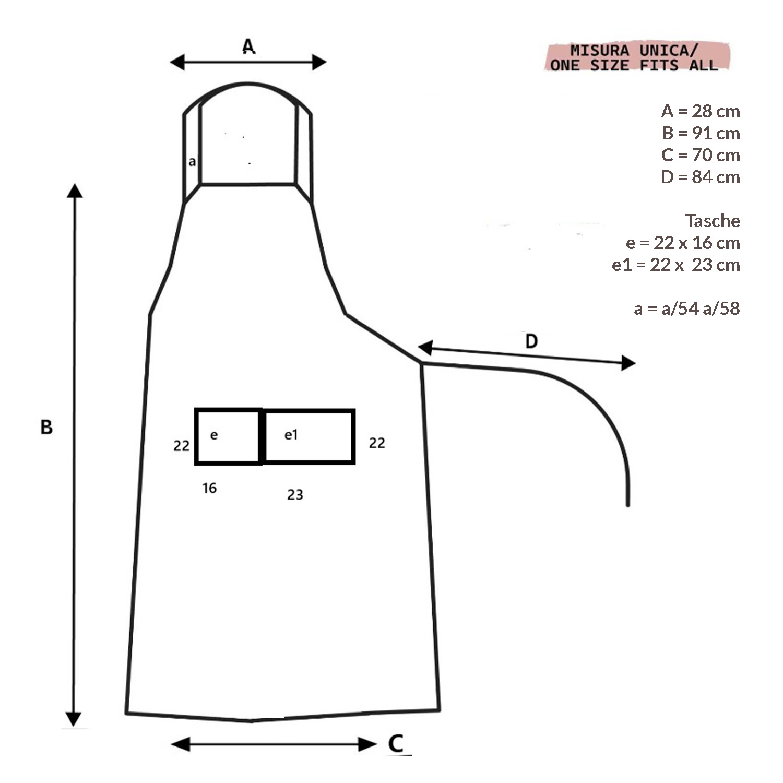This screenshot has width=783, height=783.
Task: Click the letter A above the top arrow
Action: [248, 46]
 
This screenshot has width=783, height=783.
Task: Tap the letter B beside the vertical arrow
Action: [46, 427]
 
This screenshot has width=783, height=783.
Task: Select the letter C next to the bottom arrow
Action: [396, 743]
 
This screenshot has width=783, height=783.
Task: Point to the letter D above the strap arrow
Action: [531, 341]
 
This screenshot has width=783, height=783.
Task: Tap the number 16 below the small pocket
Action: [209, 488]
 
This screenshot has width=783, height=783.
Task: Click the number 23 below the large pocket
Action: [295, 494]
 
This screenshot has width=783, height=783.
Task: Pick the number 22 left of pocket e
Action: [181, 446]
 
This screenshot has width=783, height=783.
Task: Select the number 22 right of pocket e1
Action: [377, 443]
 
